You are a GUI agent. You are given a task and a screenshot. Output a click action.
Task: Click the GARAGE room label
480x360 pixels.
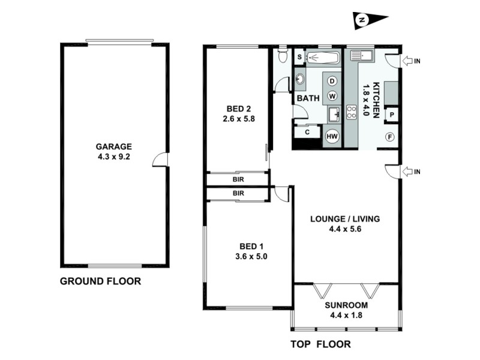(x=114, y=146)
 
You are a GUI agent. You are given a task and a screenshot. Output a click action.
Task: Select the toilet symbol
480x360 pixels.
(x=284, y=58)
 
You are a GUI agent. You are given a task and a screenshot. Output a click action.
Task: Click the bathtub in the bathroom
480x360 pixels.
(x=323, y=58)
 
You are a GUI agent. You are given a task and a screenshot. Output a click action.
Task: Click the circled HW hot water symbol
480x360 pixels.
(x=331, y=136)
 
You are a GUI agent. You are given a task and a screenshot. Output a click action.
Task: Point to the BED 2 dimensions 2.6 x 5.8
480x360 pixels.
(x=238, y=119)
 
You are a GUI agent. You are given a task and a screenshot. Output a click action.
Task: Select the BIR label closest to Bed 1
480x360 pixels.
(x=238, y=194)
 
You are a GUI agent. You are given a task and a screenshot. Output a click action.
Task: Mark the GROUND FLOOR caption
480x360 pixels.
(x=100, y=281)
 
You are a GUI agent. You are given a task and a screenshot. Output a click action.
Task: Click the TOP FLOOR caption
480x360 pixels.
(x=320, y=344)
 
